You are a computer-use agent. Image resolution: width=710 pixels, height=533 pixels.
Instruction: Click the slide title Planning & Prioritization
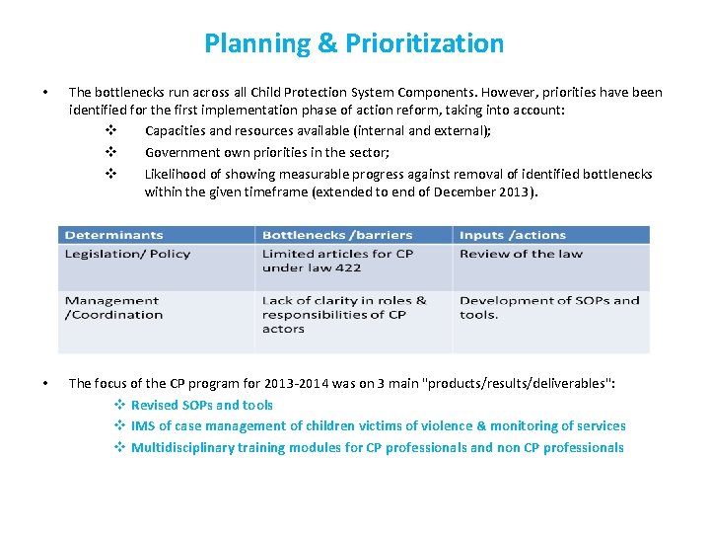click(354, 43)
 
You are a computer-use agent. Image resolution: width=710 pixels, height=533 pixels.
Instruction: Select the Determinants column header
click(113, 235)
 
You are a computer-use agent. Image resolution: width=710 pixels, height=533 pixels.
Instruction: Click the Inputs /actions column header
click(512, 235)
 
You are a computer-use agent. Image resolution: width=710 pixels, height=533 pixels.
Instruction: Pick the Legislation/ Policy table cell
click(127, 254)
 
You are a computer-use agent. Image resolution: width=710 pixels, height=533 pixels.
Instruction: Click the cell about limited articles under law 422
click(337, 261)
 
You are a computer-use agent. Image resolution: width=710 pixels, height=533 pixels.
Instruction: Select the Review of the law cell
click(521, 254)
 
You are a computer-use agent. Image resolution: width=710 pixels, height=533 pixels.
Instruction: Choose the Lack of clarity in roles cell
click(343, 315)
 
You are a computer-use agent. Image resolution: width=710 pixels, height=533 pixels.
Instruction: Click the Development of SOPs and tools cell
click(548, 308)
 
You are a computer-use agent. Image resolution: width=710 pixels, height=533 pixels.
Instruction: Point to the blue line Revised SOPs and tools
click(201, 405)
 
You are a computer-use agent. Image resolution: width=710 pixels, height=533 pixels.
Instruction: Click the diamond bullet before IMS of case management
click(118, 426)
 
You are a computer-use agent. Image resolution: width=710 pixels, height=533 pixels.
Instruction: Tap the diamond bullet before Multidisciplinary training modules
click(118, 448)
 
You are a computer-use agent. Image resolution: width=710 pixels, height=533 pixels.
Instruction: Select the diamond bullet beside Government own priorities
click(110, 152)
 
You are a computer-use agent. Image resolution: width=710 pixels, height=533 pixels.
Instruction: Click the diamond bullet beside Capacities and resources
click(110, 131)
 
